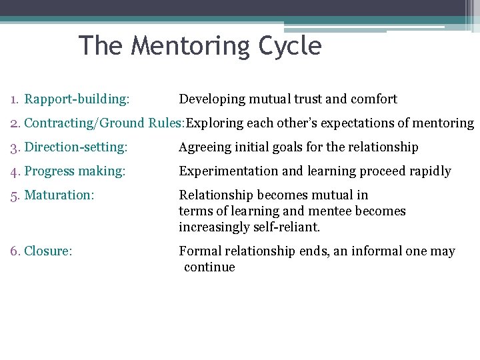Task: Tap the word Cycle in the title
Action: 291,47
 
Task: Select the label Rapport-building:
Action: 77,99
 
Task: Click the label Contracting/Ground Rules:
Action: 105,123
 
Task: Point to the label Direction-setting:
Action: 75,147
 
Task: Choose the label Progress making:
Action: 75,171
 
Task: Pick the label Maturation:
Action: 59,195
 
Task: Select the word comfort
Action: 374,99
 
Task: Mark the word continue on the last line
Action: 209,267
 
